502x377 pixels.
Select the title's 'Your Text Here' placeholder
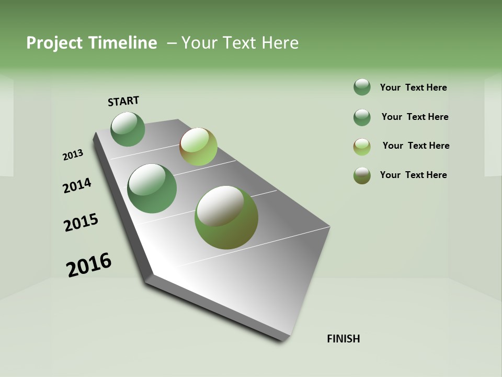tap(240, 43)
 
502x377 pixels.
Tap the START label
tap(123, 101)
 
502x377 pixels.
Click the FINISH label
tap(343, 339)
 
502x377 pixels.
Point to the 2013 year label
tap(73, 155)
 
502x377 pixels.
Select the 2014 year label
tap(77, 185)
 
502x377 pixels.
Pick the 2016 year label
tap(89, 265)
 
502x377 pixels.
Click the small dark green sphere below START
tap(128, 129)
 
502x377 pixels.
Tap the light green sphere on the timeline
tap(198, 147)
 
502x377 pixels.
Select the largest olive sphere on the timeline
tap(226, 217)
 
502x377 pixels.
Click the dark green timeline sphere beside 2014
tap(152, 188)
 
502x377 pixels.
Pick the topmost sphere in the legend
tap(362, 87)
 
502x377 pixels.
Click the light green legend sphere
tap(362, 147)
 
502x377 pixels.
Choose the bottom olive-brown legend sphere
tap(362, 175)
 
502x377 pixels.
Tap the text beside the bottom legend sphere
tap(413, 175)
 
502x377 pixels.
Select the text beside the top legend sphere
tap(413, 87)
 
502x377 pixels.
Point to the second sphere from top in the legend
tap(362, 117)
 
